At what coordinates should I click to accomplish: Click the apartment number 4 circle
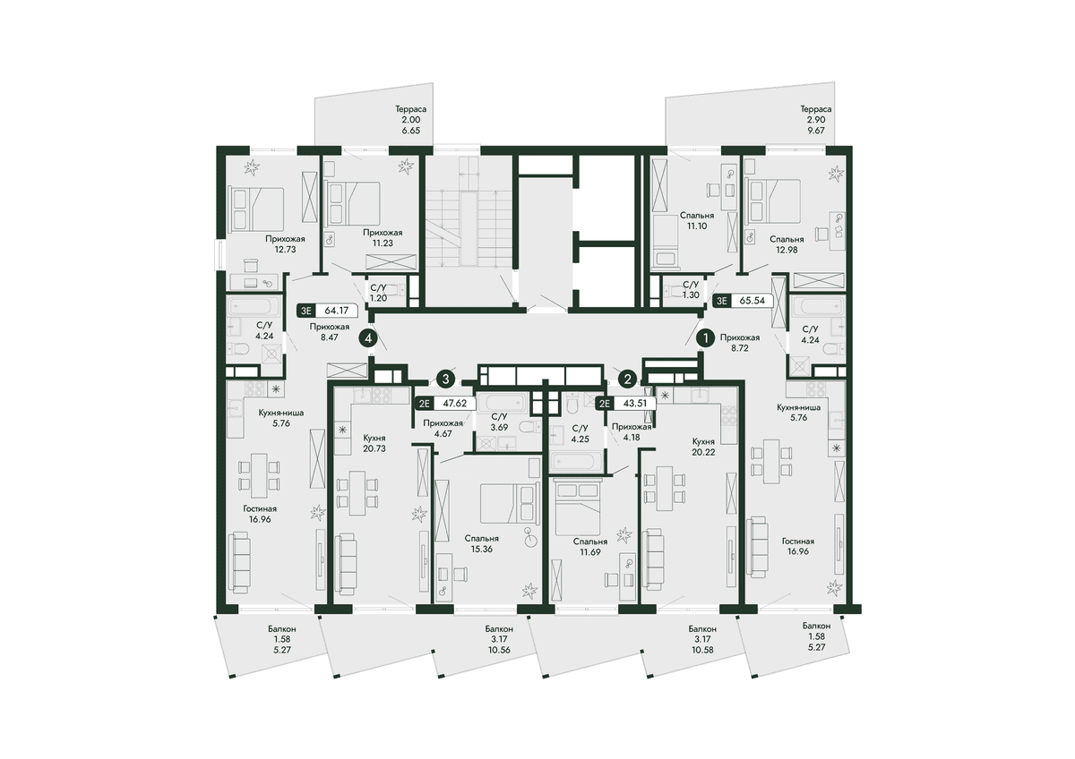(x=368, y=338)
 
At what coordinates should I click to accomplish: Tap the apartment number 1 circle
(x=706, y=338)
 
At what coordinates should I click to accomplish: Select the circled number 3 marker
(x=446, y=379)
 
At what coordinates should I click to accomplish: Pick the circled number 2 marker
(x=627, y=379)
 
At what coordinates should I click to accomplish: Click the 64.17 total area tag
(x=327, y=311)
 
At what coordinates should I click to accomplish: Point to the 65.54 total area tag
(x=742, y=301)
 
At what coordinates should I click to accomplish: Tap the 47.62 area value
(x=454, y=404)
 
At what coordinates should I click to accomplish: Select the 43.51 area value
(x=634, y=404)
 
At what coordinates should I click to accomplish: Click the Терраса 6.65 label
(x=411, y=119)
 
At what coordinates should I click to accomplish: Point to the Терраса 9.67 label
(x=816, y=119)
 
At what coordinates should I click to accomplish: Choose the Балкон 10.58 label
(x=702, y=639)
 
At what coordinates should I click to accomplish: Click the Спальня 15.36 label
(x=481, y=543)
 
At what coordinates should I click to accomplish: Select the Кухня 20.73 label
(x=374, y=443)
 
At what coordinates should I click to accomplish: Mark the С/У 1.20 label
(x=378, y=293)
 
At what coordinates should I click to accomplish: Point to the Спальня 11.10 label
(x=697, y=220)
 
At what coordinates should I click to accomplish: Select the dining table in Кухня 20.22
(x=665, y=488)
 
